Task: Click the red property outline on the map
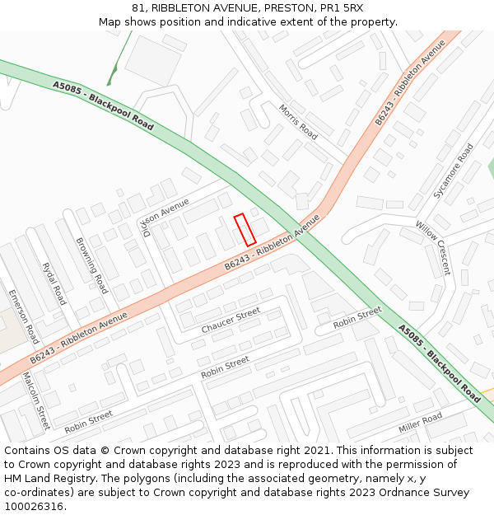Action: coord(245,229)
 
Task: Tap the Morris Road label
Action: coord(297,121)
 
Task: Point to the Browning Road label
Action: coord(91,265)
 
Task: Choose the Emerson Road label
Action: coord(23,316)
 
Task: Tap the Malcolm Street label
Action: coord(35,401)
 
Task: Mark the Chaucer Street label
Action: coord(231,321)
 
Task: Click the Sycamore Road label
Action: coord(454,171)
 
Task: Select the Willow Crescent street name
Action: coord(433,247)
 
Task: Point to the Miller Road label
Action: coord(420,424)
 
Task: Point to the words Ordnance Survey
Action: coord(427,493)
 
